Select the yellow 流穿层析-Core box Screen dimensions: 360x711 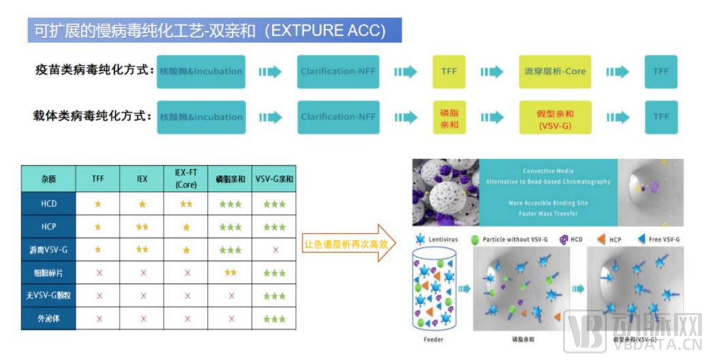point(554,71)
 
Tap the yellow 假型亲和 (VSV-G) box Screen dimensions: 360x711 point(554,117)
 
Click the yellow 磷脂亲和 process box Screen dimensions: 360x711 point(449,117)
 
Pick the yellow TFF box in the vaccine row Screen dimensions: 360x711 point(449,71)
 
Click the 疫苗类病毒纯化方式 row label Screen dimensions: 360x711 point(94,70)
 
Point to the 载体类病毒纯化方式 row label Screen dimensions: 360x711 point(94,116)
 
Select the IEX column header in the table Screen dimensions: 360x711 point(143,178)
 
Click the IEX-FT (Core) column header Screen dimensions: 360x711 point(186,179)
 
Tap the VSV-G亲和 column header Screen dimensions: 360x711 point(274,178)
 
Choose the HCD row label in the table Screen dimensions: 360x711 point(49,204)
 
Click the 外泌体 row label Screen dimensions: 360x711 point(49,319)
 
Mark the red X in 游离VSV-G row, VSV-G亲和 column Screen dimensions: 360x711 point(274,250)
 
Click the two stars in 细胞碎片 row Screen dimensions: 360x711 point(230,273)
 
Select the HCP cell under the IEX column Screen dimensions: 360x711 point(143,227)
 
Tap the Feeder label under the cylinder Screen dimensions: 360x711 point(434,340)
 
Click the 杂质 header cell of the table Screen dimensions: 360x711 point(49,178)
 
